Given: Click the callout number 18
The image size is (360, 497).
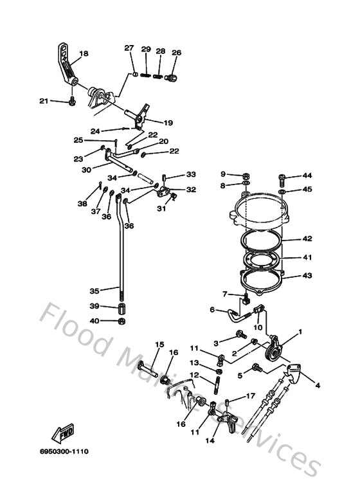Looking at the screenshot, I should coord(84,53).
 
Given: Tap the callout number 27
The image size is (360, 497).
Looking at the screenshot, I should coord(129,48).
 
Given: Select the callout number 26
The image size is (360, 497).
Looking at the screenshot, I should coord(176,53).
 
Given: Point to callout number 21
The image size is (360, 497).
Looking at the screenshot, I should coord(43,100).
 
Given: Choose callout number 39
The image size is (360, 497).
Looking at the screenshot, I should coord(94,306).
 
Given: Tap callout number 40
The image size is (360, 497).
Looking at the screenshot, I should coord(94,321).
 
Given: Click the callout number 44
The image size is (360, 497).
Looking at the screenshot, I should coord(307,176).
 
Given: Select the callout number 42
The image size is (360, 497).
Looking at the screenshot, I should coord(307,239).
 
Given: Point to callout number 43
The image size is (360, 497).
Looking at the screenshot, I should coord(307,276).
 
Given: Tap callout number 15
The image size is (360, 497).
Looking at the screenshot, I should coord(159,345).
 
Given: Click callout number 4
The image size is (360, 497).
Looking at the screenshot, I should coord(317,385).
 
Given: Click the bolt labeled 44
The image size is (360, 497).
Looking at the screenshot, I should coord(283,177).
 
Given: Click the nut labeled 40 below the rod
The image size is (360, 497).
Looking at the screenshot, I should coord(122,320).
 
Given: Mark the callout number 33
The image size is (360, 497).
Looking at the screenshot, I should coord(191,174).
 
